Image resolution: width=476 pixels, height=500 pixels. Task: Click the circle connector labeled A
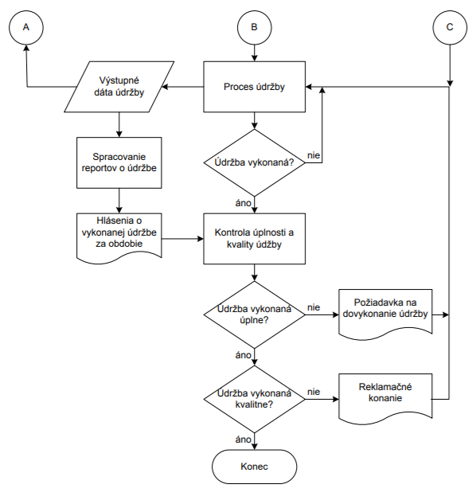point(26,27)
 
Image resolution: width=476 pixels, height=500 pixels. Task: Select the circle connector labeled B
point(254,27)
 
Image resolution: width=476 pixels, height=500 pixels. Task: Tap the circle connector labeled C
point(450,27)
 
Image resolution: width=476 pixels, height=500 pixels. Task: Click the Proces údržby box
point(254,87)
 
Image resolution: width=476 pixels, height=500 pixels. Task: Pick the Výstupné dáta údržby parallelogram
point(119,87)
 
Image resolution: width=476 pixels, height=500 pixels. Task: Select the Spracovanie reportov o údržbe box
point(119,162)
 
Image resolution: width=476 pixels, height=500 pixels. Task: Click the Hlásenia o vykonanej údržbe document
point(119,238)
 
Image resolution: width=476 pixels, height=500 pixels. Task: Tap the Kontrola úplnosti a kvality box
point(254,239)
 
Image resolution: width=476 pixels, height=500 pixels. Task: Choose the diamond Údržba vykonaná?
point(254,162)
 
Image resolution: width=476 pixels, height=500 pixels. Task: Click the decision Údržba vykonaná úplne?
point(254,314)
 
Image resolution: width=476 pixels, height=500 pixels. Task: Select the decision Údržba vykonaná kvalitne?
point(254,399)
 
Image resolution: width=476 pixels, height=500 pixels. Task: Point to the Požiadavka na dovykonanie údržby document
point(385,314)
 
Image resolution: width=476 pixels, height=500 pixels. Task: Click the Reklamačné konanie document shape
point(385,399)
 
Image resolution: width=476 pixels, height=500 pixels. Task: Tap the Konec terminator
point(254,467)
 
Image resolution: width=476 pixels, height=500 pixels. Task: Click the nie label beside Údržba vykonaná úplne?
point(314,307)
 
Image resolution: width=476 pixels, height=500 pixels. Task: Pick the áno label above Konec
point(244,439)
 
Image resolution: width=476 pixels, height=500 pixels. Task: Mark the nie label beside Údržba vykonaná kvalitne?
point(314,392)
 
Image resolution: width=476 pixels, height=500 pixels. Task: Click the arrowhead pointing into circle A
point(26,48)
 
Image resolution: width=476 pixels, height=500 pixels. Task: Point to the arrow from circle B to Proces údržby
point(254,53)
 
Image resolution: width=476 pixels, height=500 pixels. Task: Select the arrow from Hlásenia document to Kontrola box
point(182,239)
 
